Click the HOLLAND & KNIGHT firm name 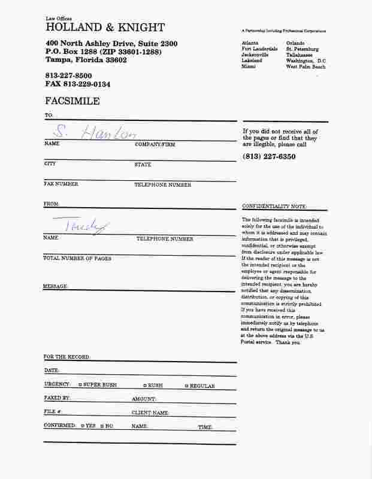pos(105,28)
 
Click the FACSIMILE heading pos(72,101)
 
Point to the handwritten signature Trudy pos(87,226)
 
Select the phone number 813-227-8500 pos(68,75)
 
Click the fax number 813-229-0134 pos(77,84)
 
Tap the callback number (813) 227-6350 pos(269,156)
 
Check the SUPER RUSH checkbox pos(80,385)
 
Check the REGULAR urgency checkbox pos(187,386)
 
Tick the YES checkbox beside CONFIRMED pos(82,426)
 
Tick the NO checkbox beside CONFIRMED pos(102,426)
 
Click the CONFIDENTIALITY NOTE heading pos(274,206)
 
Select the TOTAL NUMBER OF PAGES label pos(77,259)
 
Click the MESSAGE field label pos(56,286)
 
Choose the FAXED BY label pos(57,398)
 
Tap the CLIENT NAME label pos(150,413)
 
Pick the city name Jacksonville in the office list pos(255,55)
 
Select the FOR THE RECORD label pos(67,357)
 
